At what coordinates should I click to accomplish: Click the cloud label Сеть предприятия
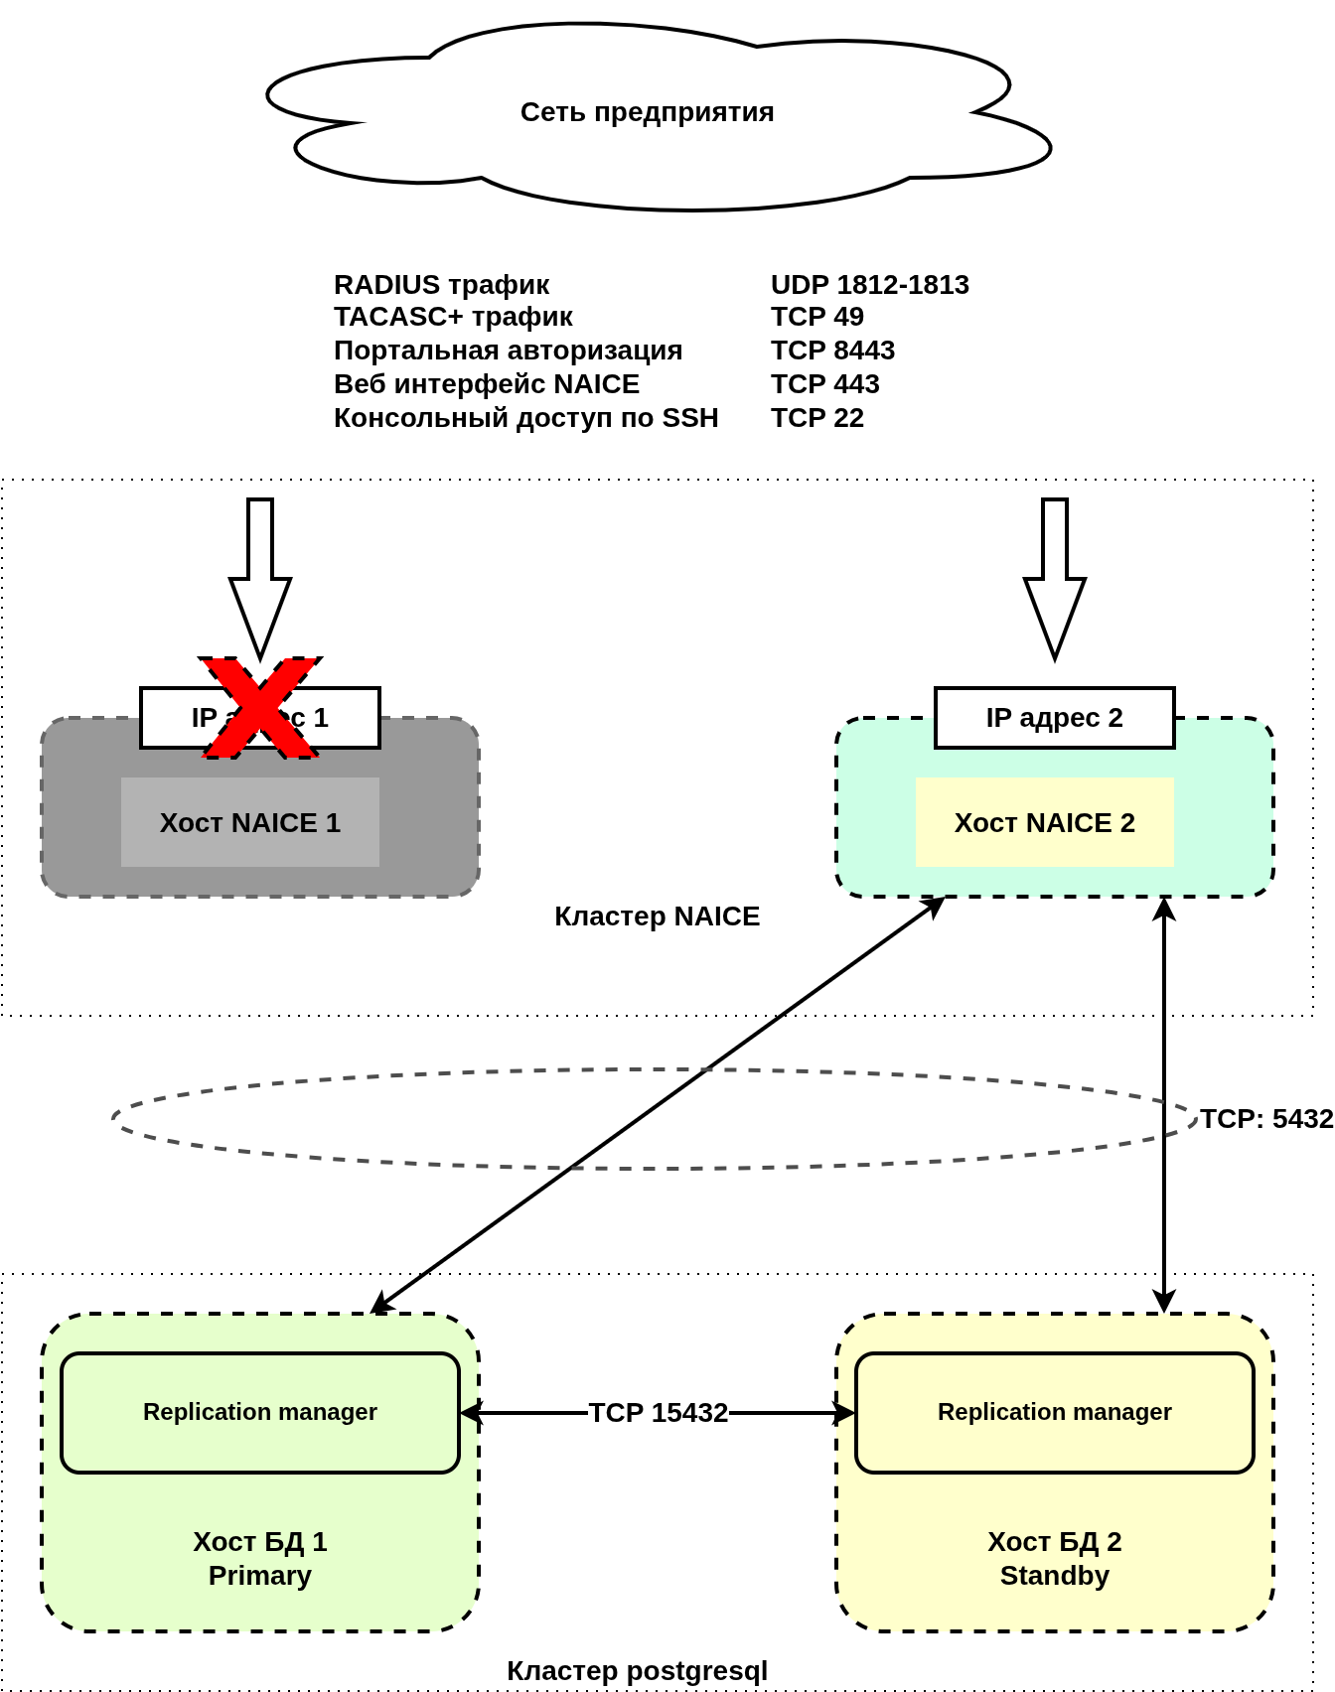click(x=647, y=112)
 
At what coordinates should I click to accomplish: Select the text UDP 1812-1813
click(x=869, y=285)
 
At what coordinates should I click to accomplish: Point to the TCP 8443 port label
click(x=832, y=351)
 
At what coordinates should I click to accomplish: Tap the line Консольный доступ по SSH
click(x=525, y=418)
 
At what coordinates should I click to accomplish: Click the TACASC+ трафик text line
click(x=453, y=317)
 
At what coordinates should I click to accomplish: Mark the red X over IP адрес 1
click(x=260, y=707)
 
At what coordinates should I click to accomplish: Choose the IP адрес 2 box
click(x=1054, y=718)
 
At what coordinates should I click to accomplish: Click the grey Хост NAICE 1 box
click(x=250, y=822)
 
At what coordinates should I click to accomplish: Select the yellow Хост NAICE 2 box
click(x=1044, y=822)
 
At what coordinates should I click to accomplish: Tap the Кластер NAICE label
click(x=657, y=916)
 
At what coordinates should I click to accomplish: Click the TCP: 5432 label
click(x=1265, y=1119)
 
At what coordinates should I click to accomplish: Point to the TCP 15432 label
click(x=658, y=1413)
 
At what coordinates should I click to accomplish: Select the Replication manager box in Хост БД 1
click(x=260, y=1412)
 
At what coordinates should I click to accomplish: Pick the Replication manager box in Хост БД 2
click(x=1054, y=1412)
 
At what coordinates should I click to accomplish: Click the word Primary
click(x=260, y=1576)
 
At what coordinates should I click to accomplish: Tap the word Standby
click(x=1054, y=1576)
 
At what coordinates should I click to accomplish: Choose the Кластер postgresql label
click(x=637, y=1671)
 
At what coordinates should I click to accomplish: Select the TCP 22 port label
click(x=816, y=418)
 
